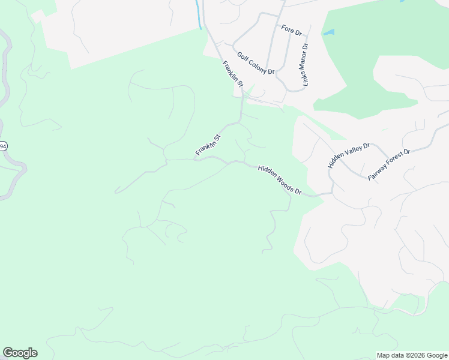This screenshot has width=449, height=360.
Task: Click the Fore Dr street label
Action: pyautogui.click(x=291, y=30)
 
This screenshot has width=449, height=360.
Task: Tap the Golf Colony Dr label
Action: pyautogui.click(x=255, y=63)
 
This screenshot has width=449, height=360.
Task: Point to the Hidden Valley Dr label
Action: pyautogui.click(x=350, y=155)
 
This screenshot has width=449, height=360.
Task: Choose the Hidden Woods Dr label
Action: pyautogui.click(x=279, y=181)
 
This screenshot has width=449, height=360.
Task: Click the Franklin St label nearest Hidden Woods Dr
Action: pyautogui.click(x=208, y=146)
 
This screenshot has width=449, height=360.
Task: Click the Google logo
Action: pyautogui.click(x=20, y=353)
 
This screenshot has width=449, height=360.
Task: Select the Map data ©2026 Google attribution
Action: pyautogui.click(x=412, y=355)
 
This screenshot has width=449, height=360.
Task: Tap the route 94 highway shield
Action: pyautogui.click(x=3, y=146)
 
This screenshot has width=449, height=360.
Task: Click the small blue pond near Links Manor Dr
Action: pyautogui.click(x=329, y=32)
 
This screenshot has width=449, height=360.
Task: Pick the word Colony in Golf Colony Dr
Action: pyautogui.click(x=256, y=64)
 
